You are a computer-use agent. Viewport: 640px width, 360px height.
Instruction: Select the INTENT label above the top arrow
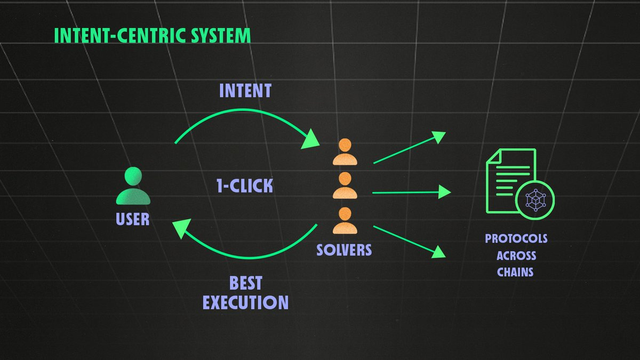coord(245,91)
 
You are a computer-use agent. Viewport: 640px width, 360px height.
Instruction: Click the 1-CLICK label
coord(245,186)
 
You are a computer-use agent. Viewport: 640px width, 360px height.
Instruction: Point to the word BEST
coord(245,283)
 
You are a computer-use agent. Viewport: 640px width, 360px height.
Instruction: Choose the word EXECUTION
coord(245,302)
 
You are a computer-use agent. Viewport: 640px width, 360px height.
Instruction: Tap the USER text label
coord(133,219)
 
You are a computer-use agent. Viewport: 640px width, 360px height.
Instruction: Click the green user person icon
coord(133,187)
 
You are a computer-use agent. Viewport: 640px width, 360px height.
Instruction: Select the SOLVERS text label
coord(344,250)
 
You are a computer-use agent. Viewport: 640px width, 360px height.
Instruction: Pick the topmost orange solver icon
coord(345,153)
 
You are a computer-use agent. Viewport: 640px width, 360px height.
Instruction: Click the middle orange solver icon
coord(345,186)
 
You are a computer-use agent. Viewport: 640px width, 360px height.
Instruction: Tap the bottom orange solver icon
coord(345,220)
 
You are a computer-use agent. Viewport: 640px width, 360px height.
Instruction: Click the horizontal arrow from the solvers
coord(411,192)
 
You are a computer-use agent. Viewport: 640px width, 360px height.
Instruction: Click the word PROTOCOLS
coord(516,238)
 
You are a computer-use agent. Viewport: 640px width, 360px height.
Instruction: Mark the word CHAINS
coord(515,272)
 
